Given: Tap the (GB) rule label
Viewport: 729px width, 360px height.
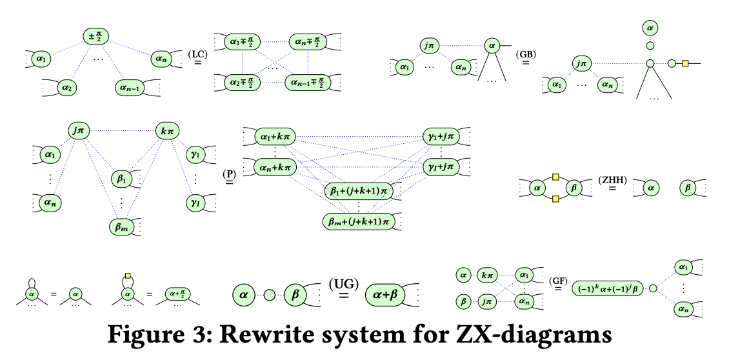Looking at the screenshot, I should tap(526, 54).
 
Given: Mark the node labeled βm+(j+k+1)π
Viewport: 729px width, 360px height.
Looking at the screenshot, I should tap(358, 221).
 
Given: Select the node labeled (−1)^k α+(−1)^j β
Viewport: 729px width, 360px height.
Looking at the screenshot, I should tap(608, 289).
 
